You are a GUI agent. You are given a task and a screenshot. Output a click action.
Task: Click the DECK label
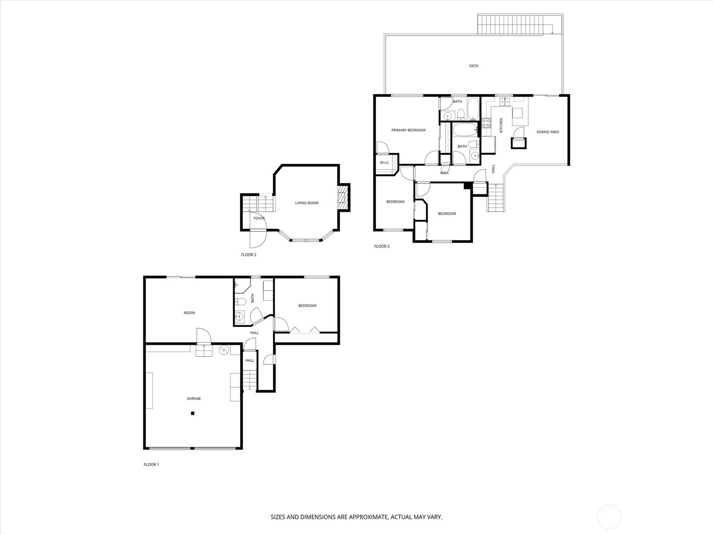click(474, 66)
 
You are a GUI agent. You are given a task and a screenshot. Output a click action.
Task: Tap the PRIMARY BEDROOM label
click(408, 130)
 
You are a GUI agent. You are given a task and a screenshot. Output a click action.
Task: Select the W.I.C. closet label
click(385, 163)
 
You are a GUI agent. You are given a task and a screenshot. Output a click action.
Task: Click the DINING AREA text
click(548, 132)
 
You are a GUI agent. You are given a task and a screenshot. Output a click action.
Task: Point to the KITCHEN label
click(501, 125)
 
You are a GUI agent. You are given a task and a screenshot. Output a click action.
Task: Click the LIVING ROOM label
click(307, 203)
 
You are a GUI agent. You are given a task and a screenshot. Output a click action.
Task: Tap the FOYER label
click(259, 218)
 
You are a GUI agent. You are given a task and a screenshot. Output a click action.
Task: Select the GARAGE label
click(193, 399)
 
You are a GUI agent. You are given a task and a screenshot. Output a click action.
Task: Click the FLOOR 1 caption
click(151, 465)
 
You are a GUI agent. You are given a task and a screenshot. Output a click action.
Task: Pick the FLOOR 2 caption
click(249, 255)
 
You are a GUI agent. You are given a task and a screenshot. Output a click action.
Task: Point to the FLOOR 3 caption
click(381, 246)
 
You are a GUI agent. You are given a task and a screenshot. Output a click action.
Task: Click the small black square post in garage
click(193, 413)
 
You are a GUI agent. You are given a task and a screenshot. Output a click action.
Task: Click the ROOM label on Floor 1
click(189, 313)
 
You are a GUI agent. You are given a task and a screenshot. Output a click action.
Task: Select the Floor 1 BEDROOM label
click(307, 306)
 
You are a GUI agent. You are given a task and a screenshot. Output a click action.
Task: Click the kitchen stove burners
click(486, 123)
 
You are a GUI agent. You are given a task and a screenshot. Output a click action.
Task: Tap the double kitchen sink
click(504, 102)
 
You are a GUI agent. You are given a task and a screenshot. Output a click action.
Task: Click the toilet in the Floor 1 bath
click(240, 302)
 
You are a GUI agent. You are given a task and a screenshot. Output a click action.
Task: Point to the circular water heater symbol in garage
click(224, 350)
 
